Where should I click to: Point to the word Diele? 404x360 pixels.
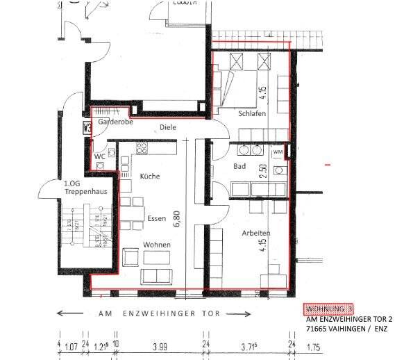click(167, 128)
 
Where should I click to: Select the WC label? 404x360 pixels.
click(101, 157)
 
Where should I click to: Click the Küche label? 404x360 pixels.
click(150, 177)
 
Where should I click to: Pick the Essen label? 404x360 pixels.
click(156, 218)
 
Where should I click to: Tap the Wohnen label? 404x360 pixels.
click(157, 245)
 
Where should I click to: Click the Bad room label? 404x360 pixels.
click(240, 167)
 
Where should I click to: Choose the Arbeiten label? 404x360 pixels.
click(256, 234)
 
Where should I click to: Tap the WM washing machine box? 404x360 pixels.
click(278, 152)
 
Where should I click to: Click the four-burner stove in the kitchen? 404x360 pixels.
click(142, 148)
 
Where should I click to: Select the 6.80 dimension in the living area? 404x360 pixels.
click(177, 220)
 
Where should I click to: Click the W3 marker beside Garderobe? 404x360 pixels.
click(87, 127)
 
